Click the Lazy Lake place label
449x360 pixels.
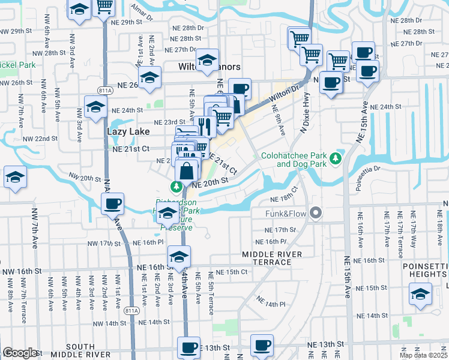point(124,130)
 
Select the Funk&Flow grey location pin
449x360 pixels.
point(316,213)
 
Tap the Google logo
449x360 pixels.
point(20,353)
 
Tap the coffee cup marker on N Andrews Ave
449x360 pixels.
point(112,205)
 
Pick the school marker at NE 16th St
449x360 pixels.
point(178,257)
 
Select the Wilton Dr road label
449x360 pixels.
point(284,94)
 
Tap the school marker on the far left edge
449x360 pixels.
point(15,178)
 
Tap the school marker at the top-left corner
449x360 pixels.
point(79,10)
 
